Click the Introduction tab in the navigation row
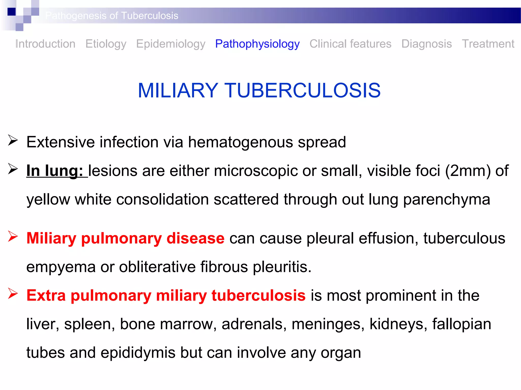tap(45, 44)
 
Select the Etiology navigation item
tap(106, 44)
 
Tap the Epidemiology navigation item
tap(171, 44)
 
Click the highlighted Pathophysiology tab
tap(257, 44)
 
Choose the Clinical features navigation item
tap(350, 44)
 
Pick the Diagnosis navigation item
tap(427, 44)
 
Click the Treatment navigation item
tap(488, 44)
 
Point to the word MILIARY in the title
tap(178, 90)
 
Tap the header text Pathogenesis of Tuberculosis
tap(112, 16)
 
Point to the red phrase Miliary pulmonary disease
tap(125, 238)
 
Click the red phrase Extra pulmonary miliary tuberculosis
tap(166, 295)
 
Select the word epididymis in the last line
tap(138, 353)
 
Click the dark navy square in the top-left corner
tap(12, 12)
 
